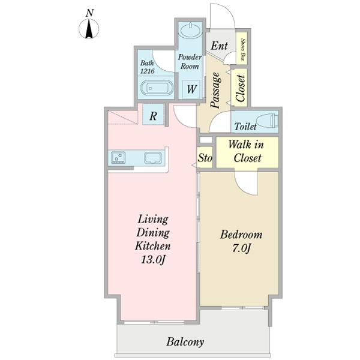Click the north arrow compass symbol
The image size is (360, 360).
[x=89, y=29]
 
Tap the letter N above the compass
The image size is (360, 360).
[x=89, y=13]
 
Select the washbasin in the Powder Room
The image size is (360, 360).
[x=190, y=31]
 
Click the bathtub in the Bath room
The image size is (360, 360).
[x=157, y=88]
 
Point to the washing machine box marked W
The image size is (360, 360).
[x=191, y=89]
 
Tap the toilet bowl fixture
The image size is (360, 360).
[x=268, y=120]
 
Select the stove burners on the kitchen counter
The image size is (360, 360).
[x=118, y=157]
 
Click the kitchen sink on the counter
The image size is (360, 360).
[x=152, y=158]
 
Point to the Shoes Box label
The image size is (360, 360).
[x=243, y=49]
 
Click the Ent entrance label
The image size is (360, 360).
[x=219, y=46]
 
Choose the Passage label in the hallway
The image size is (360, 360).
[x=216, y=90]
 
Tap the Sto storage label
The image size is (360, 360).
[x=205, y=158]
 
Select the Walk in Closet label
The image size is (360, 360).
[x=247, y=151]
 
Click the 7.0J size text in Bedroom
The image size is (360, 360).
[x=241, y=248]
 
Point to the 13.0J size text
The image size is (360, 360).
[x=152, y=260]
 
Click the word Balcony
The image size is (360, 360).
[x=185, y=342]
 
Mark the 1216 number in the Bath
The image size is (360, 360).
[x=148, y=71]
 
